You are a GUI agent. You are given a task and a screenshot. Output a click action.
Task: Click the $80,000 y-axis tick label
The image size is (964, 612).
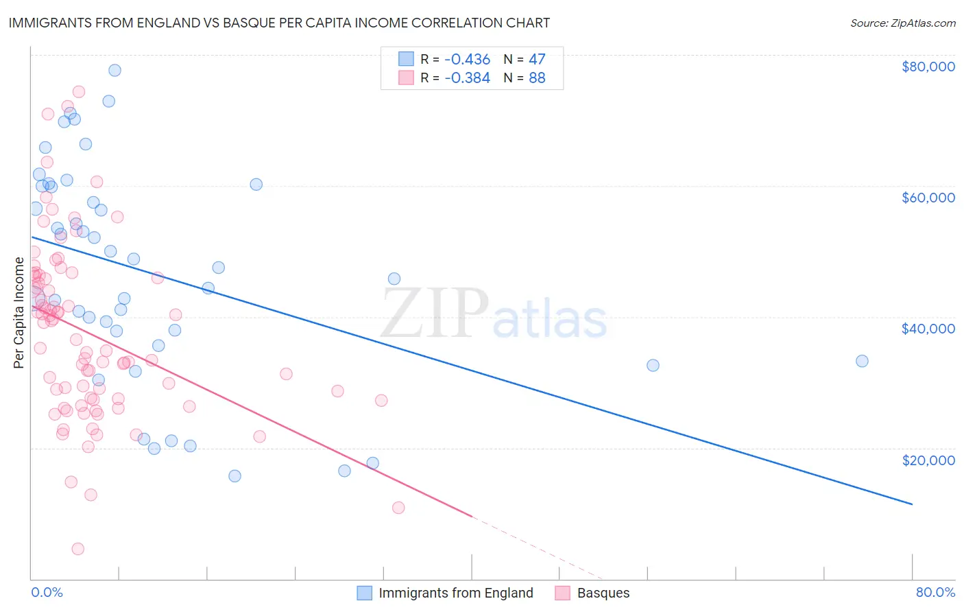click(x=928, y=67)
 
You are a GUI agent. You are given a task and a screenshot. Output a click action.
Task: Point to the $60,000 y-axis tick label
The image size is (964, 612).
click(x=928, y=198)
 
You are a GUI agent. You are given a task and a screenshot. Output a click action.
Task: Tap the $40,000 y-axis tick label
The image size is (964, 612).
click(x=928, y=329)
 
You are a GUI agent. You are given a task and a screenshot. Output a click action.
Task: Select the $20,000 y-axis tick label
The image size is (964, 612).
click(x=928, y=460)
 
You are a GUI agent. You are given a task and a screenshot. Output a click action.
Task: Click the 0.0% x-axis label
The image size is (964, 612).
click(x=47, y=592)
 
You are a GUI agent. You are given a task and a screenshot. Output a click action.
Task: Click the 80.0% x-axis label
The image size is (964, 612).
click(x=935, y=592)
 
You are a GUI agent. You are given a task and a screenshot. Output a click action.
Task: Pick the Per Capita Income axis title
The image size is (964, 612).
click(x=19, y=312)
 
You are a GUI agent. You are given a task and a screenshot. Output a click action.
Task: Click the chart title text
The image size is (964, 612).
click(x=279, y=23)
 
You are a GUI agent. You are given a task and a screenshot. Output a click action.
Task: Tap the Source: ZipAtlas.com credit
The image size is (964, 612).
click(x=902, y=23)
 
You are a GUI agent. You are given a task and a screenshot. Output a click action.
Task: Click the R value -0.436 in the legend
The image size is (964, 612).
click(x=467, y=59)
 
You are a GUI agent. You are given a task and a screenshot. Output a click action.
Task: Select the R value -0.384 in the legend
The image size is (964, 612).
click(x=467, y=78)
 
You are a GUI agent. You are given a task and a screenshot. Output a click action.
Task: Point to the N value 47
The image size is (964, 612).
click(x=537, y=59)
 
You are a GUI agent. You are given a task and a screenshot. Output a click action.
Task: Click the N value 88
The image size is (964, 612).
click(x=537, y=78)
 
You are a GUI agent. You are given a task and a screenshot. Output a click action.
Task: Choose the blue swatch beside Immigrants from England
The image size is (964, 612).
click(x=365, y=593)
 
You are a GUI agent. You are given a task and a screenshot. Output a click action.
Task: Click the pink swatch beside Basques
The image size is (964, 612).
click(x=563, y=593)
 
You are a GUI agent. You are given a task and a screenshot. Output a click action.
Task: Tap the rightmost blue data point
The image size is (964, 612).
click(x=862, y=361)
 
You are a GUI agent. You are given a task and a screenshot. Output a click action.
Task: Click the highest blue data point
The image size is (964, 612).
click(x=115, y=70)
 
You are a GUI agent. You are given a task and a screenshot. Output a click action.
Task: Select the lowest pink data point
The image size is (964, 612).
click(x=77, y=549)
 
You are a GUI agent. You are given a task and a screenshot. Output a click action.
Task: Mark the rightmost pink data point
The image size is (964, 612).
click(x=398, y=508)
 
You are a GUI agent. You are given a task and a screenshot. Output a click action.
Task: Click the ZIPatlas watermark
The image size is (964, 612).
click(x=494, y=314)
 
